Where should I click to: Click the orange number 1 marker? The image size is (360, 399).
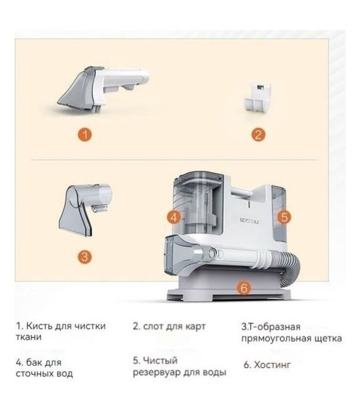85,134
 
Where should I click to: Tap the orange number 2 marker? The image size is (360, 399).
258,135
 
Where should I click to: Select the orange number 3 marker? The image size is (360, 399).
85,256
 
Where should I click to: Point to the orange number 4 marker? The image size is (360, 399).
174,218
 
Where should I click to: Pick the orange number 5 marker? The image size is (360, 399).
284,217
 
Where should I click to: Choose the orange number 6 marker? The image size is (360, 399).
244,288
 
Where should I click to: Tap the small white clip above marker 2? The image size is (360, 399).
257,97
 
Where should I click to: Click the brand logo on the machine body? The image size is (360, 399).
249,221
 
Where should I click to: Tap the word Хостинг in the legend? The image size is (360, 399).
272,365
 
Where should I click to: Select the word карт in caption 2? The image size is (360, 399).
195,327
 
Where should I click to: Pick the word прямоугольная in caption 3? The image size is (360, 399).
276,339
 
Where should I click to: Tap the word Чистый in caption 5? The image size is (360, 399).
159,360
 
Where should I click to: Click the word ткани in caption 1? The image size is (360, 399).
28,337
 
